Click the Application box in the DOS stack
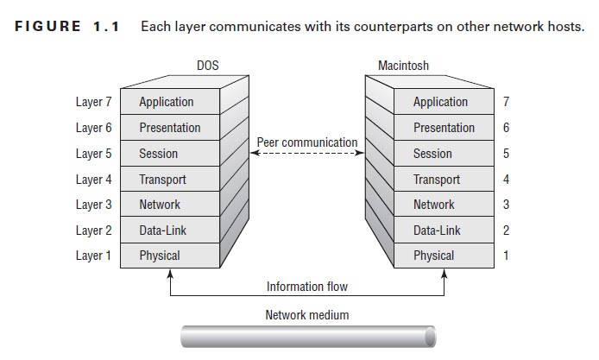pyautogui.click(x=169, y=102)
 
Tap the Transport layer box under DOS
pyautogui.click(x=169, y=180)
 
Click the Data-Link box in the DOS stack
pyautogui.click(x=169, y=231)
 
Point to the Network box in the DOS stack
pyautogui.click(x=169, y=205)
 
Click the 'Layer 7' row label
pyautogui.click(x=94, y=102)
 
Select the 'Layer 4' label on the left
pyautogui.click(x=94, y=180)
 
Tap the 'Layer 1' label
pyautogui.click(x=94, y=256)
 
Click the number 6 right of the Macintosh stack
pyautogui.click(x=506, y=128)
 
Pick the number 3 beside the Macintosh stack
pyautogui.click(x=506, y=205)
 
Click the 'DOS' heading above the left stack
pyautogui.click(x=208, y=66)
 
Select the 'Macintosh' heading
pyautogui.click(x=405, y=66)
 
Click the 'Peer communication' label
pyautogui.click(x=307, y=142)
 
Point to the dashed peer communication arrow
pyautogui.click(x=307, y=154)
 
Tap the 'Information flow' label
pyautogui.click(x=307, y=287)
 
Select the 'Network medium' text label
pyautogui.click(x=307, y=315)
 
